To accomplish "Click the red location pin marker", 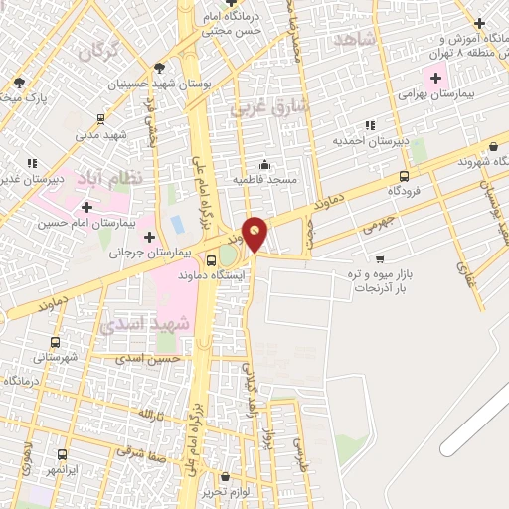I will coord(255,234).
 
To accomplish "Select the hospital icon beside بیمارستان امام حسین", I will coord(87,207).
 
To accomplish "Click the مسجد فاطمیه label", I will coord(263,180).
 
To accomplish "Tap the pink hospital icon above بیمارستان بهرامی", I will coord(435,77).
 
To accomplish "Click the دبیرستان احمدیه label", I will coord(376,141).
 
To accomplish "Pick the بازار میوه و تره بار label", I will coord(394,278).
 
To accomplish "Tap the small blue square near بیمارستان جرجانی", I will coord(177,224).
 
